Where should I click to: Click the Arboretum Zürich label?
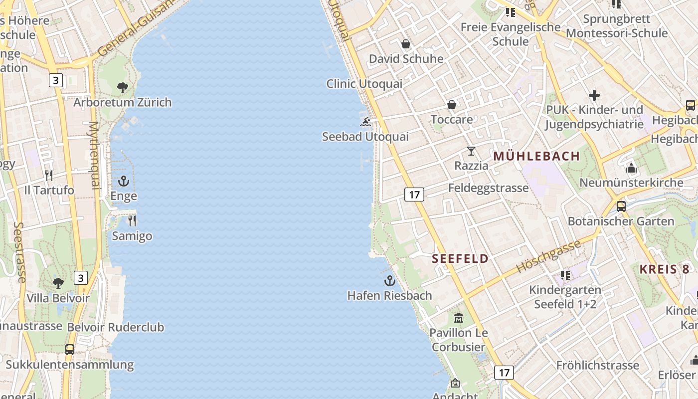tap(123, 102)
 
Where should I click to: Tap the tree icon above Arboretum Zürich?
tap(123, 88)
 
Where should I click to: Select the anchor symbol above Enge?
tap(123, 181)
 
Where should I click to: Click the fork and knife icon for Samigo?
tap(132, 220)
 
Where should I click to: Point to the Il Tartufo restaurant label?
tap(49, 190)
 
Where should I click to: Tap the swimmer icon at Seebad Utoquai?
tap(365, 122)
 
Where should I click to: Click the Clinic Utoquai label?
tap(364, 84)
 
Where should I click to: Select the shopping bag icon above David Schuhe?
tap(406, 44)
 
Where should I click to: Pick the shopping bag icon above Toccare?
tap(452, 105)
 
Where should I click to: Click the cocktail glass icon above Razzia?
tap(471, 151)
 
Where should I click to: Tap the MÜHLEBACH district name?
tap(536, 156)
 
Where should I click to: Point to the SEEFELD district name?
tap(460, 258)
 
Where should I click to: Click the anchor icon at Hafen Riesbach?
tap(389, 281)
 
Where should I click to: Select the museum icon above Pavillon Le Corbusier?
tap(458, 318)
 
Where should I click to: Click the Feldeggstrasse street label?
tap(488, 188)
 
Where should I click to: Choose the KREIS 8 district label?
tap(664, 269)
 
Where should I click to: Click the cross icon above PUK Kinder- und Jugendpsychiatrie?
tap(594, 95)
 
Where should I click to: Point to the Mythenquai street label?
tap(94, 155)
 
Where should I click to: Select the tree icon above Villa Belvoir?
tap(58, 283)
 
